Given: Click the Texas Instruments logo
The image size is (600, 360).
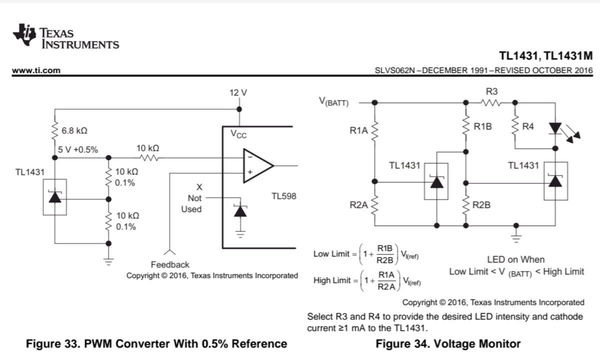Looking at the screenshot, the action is click(x=65, y=36).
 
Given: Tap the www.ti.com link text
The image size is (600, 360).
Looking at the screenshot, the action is click(x=36, y=70).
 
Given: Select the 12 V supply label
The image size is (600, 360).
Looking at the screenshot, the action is click(x=238, y=92).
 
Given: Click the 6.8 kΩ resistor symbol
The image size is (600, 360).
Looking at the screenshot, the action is click(x=54, y=130).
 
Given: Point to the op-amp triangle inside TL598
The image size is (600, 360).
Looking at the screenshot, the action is click(x=258, y=166).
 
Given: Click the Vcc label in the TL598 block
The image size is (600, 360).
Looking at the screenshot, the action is click(x=238, y=134).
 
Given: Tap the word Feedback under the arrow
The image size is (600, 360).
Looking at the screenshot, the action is click(x=170, y=264).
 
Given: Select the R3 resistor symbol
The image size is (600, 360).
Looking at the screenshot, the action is click(x=490, y=102).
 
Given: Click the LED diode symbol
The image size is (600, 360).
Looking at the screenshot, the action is click(x=555, y=128).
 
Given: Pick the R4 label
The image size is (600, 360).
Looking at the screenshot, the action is click(x=528, y=126).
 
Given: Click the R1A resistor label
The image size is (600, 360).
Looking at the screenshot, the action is click(x=358, y=130).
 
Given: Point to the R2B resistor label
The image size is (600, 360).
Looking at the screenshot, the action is click(x=481, y=205).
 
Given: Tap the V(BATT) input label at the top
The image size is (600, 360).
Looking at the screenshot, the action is click(x=334, y=102).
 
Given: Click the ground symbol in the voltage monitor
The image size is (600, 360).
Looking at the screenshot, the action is click(x=516, y=237).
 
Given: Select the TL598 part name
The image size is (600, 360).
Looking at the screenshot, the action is click(x=284, y=196).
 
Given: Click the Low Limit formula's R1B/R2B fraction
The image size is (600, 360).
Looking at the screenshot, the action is click(x=385, y=254).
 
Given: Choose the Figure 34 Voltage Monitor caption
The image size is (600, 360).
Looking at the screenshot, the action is click(x=448, y=343).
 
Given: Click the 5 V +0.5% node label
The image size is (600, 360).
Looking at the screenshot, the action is click(x=78, y=149).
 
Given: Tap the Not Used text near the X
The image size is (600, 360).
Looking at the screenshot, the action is click(x=191, y=203).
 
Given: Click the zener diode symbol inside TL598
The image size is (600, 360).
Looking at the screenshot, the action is click(x=240, y=211).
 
